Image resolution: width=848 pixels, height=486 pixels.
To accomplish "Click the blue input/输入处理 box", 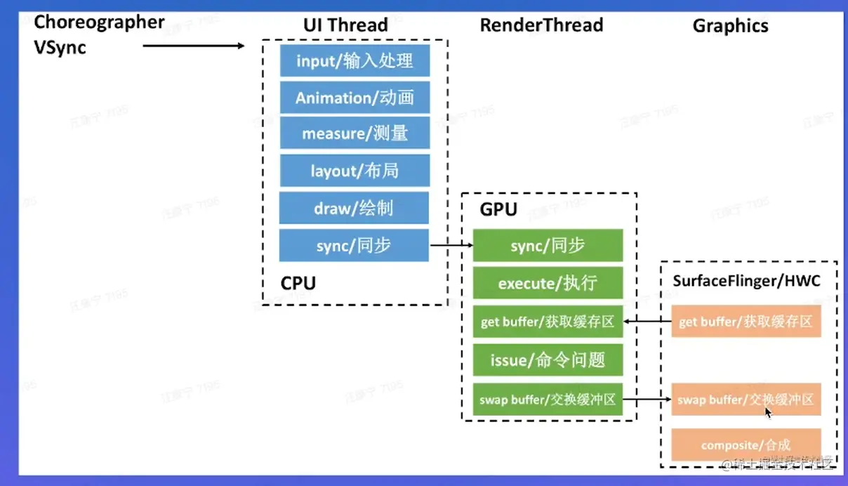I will click(355, 61).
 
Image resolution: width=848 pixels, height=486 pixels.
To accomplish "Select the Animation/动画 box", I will click(355, 98).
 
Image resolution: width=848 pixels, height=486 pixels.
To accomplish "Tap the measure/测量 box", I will click(355, 133).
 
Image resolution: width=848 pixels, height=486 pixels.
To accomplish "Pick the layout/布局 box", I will click(355, 171).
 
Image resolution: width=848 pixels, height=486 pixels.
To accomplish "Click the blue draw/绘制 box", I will click(355, 208).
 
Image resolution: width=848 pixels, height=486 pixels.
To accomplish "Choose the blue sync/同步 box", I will click(355, 245).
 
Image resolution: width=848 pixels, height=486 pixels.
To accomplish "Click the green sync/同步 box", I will click(548, 246).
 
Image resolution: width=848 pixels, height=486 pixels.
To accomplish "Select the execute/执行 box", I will click(548, 284).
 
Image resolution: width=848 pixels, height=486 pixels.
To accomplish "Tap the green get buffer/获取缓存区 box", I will click(548, 322).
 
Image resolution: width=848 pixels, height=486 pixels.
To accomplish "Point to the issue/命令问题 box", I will click(548, 360).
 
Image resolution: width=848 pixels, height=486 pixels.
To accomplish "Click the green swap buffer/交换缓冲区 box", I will click(548, 399).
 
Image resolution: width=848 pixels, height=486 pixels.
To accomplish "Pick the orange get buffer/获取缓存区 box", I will click(746, 322).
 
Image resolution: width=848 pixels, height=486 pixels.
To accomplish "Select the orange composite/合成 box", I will click(746, 445).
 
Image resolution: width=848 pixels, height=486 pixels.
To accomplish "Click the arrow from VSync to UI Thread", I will click(193, 46).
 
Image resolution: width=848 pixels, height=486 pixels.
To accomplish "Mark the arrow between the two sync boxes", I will click(451, 245).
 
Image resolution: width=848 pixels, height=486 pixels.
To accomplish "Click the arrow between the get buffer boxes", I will click(647, 322).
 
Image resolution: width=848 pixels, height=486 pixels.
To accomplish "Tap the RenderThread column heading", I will click(541, 25).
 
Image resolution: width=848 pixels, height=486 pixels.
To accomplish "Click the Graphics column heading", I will click(730, 26).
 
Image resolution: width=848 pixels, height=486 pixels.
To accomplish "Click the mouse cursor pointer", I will click(769, 412).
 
